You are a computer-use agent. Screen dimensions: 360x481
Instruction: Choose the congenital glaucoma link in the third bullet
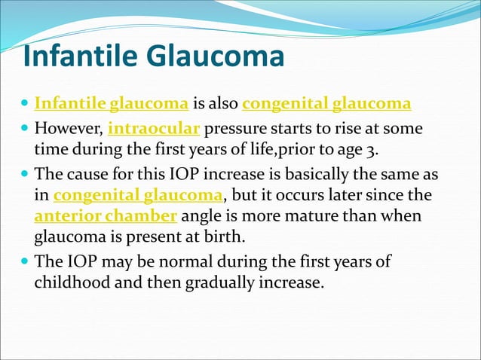tap(139, 195)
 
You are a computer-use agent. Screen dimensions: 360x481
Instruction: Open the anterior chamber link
tap(106, 217)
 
